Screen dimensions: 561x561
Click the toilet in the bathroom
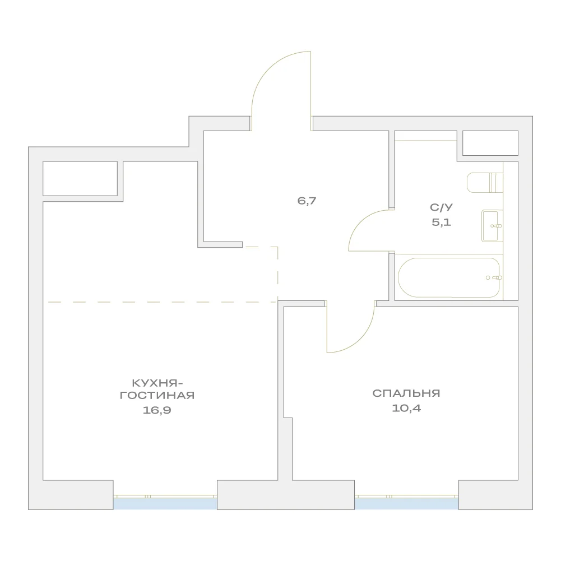(485, 183)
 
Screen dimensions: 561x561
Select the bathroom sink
(492, 226)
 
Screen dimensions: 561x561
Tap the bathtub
(449, 277)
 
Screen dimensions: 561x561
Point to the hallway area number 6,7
(307, 201)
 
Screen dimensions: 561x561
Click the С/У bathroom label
(441, 207)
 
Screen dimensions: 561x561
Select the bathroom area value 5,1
(441, 222)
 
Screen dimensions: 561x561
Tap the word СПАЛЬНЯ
(406, 393)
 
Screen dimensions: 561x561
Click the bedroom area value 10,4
(406, 408)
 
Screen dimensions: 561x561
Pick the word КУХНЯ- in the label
(157, 383)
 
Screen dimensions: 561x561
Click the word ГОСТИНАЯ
(157, 395)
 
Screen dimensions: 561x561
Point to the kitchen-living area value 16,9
(157, 410)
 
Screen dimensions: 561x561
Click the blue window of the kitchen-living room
(165, 504)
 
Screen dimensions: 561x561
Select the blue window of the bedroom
(407, 504)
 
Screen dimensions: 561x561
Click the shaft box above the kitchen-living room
(80, 179)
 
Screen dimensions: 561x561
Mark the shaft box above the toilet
(490, 143)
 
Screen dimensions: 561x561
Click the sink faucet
(496, 226)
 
